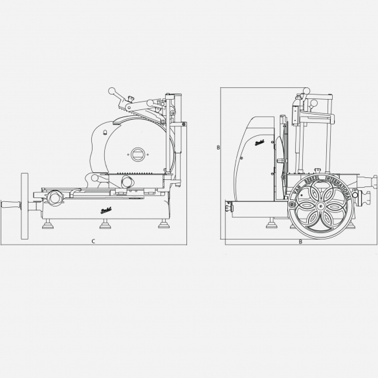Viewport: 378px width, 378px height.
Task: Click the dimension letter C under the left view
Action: [93, 241]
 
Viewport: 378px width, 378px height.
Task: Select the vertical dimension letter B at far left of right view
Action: [218, 148]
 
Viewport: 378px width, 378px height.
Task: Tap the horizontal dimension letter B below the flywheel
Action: [300, 241]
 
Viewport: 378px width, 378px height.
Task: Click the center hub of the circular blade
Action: [139, 154]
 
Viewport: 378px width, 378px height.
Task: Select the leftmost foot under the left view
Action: [49, 225]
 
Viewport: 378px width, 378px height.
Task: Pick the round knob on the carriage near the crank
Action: [54, 195]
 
